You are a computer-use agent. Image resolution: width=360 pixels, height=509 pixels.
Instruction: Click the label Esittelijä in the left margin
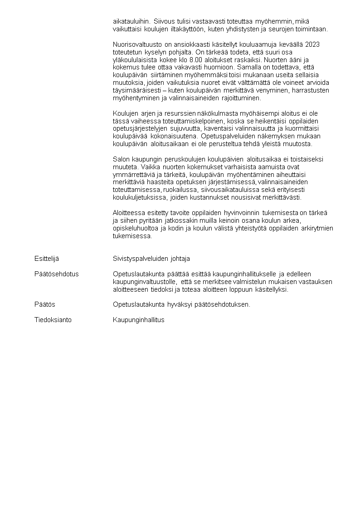coord(47,259)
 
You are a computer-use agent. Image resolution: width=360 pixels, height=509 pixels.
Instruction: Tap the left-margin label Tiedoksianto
coord(53,320)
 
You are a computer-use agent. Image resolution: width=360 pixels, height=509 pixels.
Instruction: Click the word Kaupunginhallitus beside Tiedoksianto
coord(138,320)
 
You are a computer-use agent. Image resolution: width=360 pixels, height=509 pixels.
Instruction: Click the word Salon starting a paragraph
coord(121,159)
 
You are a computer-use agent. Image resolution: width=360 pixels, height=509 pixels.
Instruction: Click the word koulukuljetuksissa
coord(139,198)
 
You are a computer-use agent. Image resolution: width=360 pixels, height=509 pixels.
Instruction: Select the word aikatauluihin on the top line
coord(131,21)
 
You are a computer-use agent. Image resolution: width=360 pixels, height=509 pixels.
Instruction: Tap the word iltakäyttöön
coord(186,29)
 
